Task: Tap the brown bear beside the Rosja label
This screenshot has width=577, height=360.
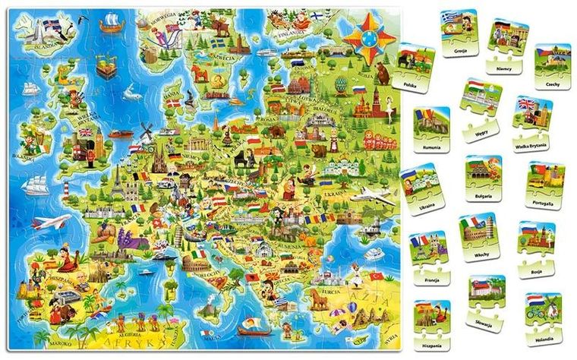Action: point(381,74)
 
